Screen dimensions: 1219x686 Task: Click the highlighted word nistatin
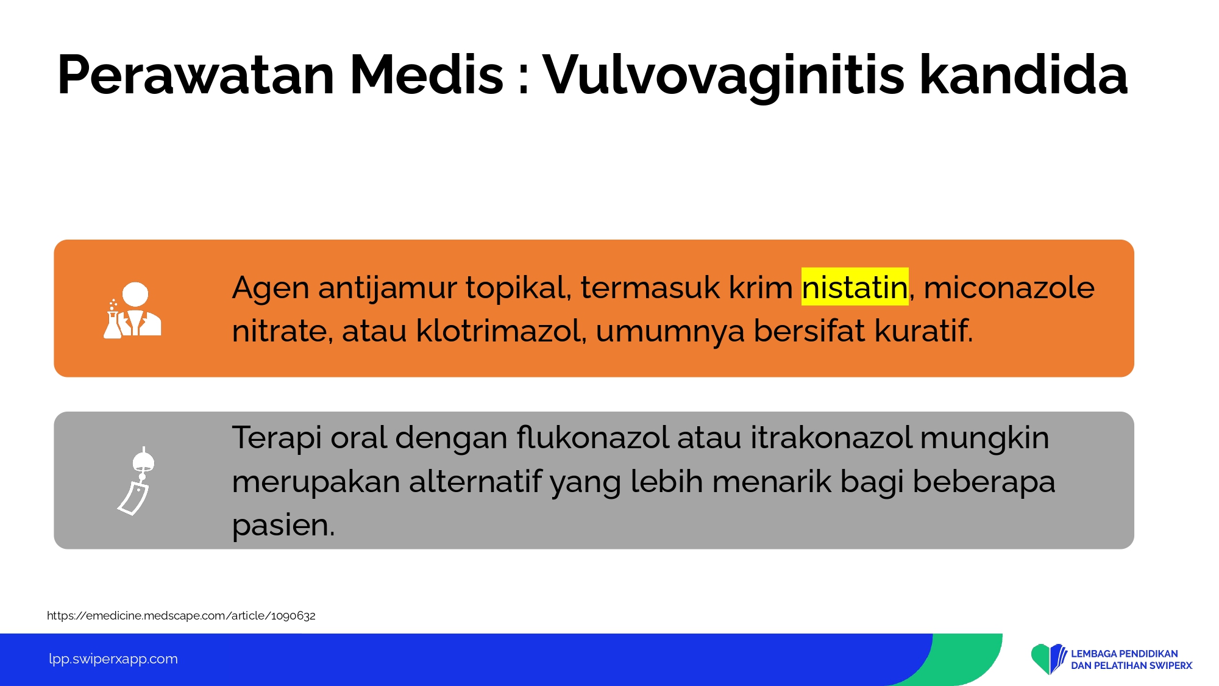855,287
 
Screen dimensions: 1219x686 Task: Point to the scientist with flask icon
132,310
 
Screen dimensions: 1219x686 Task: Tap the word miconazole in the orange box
1009,287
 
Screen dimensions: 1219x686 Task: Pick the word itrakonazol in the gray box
831,437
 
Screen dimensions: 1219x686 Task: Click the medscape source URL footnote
181,615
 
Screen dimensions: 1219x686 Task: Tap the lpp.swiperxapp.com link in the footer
113,659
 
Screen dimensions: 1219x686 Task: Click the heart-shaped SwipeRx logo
1048,659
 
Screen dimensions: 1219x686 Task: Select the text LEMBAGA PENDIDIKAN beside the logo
1125,654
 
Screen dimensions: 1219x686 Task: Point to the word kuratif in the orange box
923,330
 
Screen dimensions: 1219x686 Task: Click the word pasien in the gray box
283,525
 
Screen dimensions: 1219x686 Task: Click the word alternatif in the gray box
475,481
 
